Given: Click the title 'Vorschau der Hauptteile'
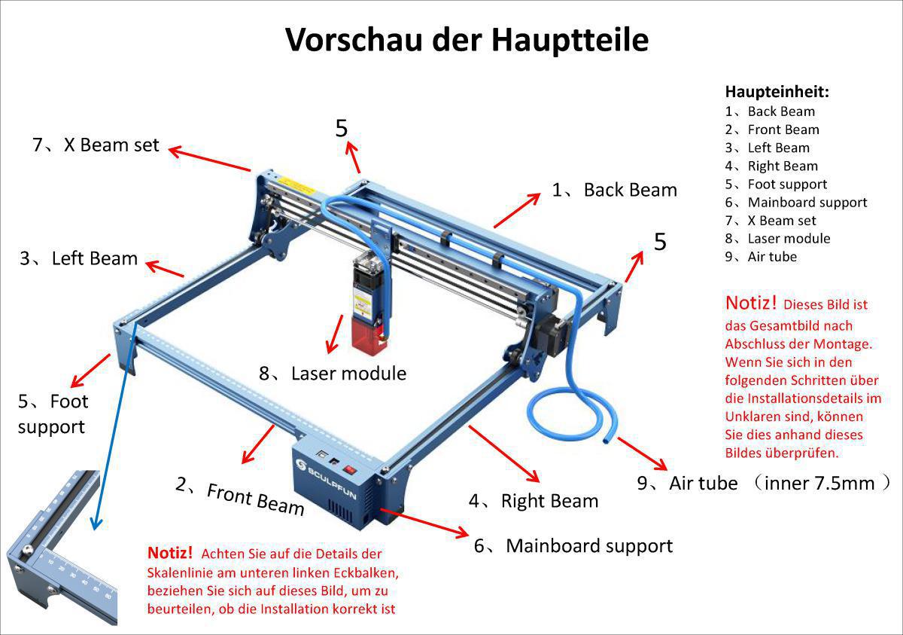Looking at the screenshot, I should pos(467,39).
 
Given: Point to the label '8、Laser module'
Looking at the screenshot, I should pos(333,373).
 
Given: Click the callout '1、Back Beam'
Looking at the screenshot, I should pos(614,190).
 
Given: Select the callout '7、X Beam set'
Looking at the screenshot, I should pos(96,145).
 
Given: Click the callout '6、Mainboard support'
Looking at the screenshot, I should pos(573,545).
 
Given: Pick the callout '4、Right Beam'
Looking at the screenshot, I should pos(534,501).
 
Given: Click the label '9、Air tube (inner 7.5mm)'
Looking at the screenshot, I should pos(764,483).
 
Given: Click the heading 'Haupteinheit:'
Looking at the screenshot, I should pos(777,92).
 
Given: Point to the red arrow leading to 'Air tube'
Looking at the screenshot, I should pos(641,453).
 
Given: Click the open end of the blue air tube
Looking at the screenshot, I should pos(607,439).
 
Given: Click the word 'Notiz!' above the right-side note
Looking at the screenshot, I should pos(750,303).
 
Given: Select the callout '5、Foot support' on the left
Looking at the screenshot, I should pos(53,414).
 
